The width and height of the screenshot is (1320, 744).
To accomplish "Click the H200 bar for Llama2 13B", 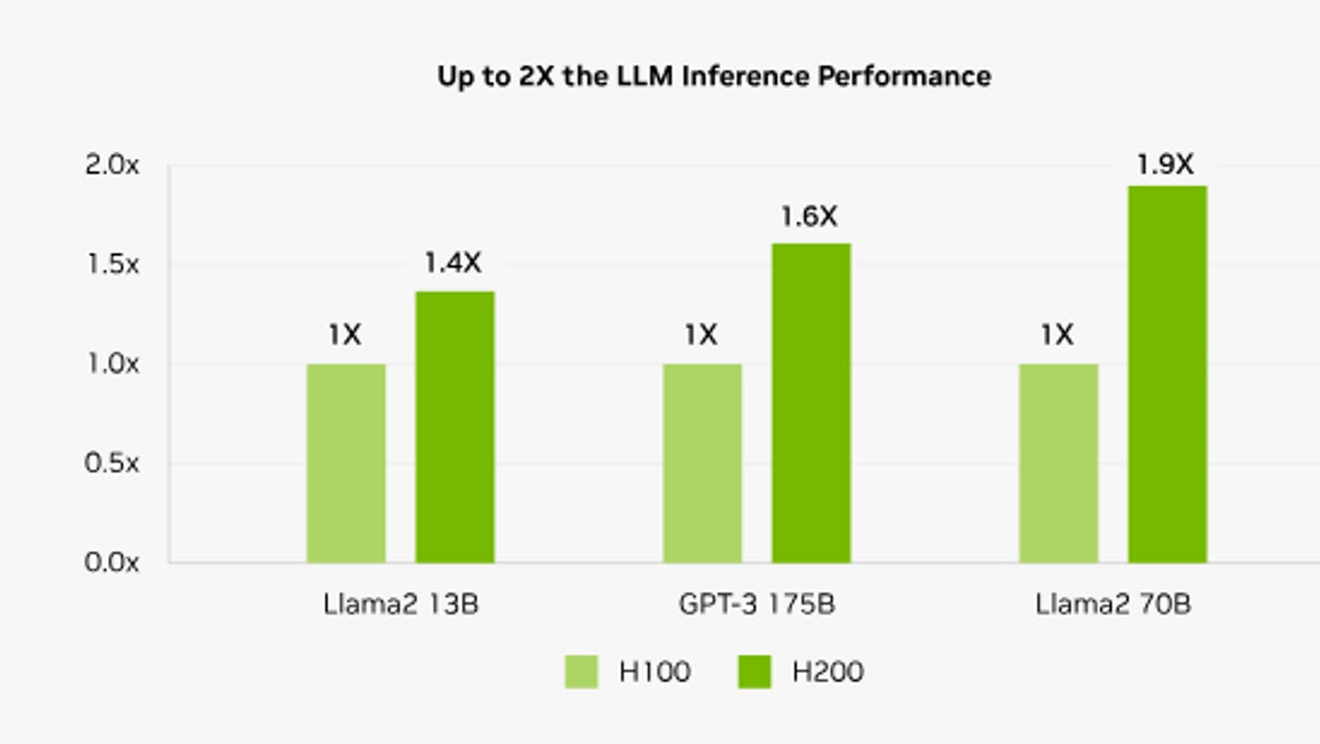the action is (x=455, y=428).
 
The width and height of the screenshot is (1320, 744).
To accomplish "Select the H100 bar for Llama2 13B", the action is (x=345, y=463).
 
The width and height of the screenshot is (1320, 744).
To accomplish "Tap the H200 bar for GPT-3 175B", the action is (x=811, y=403).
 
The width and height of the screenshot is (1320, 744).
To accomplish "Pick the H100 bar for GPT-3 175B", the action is (x=703, y=463).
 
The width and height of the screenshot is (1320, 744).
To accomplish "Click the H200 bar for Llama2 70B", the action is (x=1168, y=375).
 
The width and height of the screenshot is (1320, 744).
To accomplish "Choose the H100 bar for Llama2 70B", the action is (x=1059, y=463).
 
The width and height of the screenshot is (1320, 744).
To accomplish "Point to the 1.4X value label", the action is (x=453, y=263).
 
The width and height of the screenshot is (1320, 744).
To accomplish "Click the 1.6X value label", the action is (x=810, y=216).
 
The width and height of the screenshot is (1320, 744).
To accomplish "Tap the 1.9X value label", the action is (x=1165, y=164).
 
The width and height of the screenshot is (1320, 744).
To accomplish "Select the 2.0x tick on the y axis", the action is (x=112, y=165).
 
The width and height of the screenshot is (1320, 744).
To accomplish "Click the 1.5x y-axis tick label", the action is (x=112, y=264).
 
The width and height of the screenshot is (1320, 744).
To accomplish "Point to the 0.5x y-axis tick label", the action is (x=112, y=463).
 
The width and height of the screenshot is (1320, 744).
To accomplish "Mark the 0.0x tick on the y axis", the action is (x=112, y=563).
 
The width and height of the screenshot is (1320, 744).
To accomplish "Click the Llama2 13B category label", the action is (x=401, y=604).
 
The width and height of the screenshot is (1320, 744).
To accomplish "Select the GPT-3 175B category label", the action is (x=757, y=604).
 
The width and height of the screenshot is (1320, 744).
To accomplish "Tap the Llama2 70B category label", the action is (x=1113, y=604).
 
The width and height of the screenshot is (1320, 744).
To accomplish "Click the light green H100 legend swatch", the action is (x=582, y=671).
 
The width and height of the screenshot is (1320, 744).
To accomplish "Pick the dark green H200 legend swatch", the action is (x=754, y=671).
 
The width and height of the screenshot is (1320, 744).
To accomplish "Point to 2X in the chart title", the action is (x=536, y=77).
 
